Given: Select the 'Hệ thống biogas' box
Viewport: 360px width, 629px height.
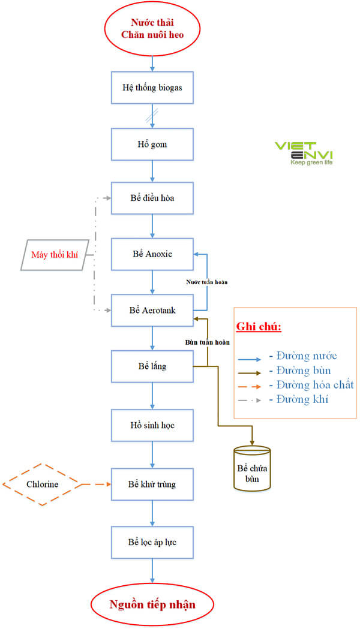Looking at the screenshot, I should click(152, 88).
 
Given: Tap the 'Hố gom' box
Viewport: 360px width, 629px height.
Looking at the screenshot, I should click(152, 145).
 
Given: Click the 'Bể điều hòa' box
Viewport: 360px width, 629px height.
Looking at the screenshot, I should click(152, 198).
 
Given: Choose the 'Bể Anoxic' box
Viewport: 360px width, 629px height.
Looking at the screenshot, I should click(152, 254).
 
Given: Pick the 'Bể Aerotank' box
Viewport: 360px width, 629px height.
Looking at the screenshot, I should click(152, 310).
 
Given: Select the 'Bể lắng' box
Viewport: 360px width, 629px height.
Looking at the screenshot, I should click(152, 366).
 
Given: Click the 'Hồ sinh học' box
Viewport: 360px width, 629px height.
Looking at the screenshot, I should click(152, 425).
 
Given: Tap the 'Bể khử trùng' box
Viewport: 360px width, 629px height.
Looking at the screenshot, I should click(152, 483).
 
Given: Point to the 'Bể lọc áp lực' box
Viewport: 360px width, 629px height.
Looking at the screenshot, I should click(152, 541).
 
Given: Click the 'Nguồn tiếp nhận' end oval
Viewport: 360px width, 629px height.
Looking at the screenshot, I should click(152, 604).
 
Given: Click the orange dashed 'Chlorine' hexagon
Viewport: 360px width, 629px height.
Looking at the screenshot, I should click(43, 483).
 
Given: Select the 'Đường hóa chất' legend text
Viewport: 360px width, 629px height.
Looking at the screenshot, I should click(311, 384).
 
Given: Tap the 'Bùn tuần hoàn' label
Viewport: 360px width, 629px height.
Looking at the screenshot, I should click(206, 342).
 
